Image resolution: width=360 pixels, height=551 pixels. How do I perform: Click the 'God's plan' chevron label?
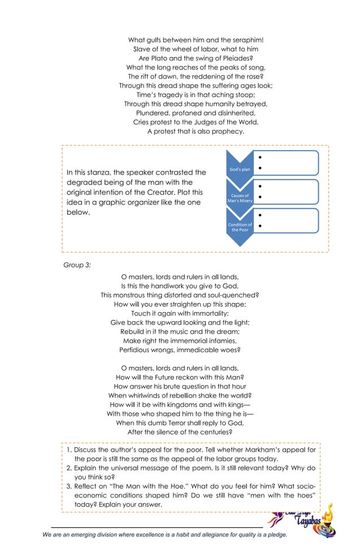[240, 169]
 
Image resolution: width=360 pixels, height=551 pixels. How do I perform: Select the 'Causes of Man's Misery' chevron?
[240, 198]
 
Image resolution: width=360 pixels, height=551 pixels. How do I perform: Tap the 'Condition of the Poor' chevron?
[240, 228]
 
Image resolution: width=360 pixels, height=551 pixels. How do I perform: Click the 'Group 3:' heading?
[77, 264]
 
